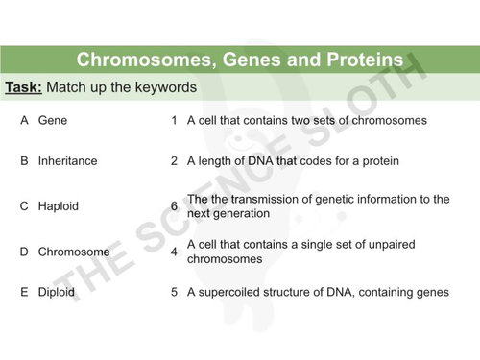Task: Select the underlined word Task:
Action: tap(23, 87)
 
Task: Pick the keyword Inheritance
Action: tap(67, 161)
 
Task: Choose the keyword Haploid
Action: tap(58, 206)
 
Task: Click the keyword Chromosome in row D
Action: tap(74, 252)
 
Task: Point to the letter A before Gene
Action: tap(24, 122)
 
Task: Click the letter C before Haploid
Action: tap(24, 206)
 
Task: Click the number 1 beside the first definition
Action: tap(174, 122)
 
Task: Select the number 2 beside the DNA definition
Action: tap(174, 161)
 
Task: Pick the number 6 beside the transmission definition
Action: tap(174, 206)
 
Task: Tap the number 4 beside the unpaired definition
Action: tap(174, 252)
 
